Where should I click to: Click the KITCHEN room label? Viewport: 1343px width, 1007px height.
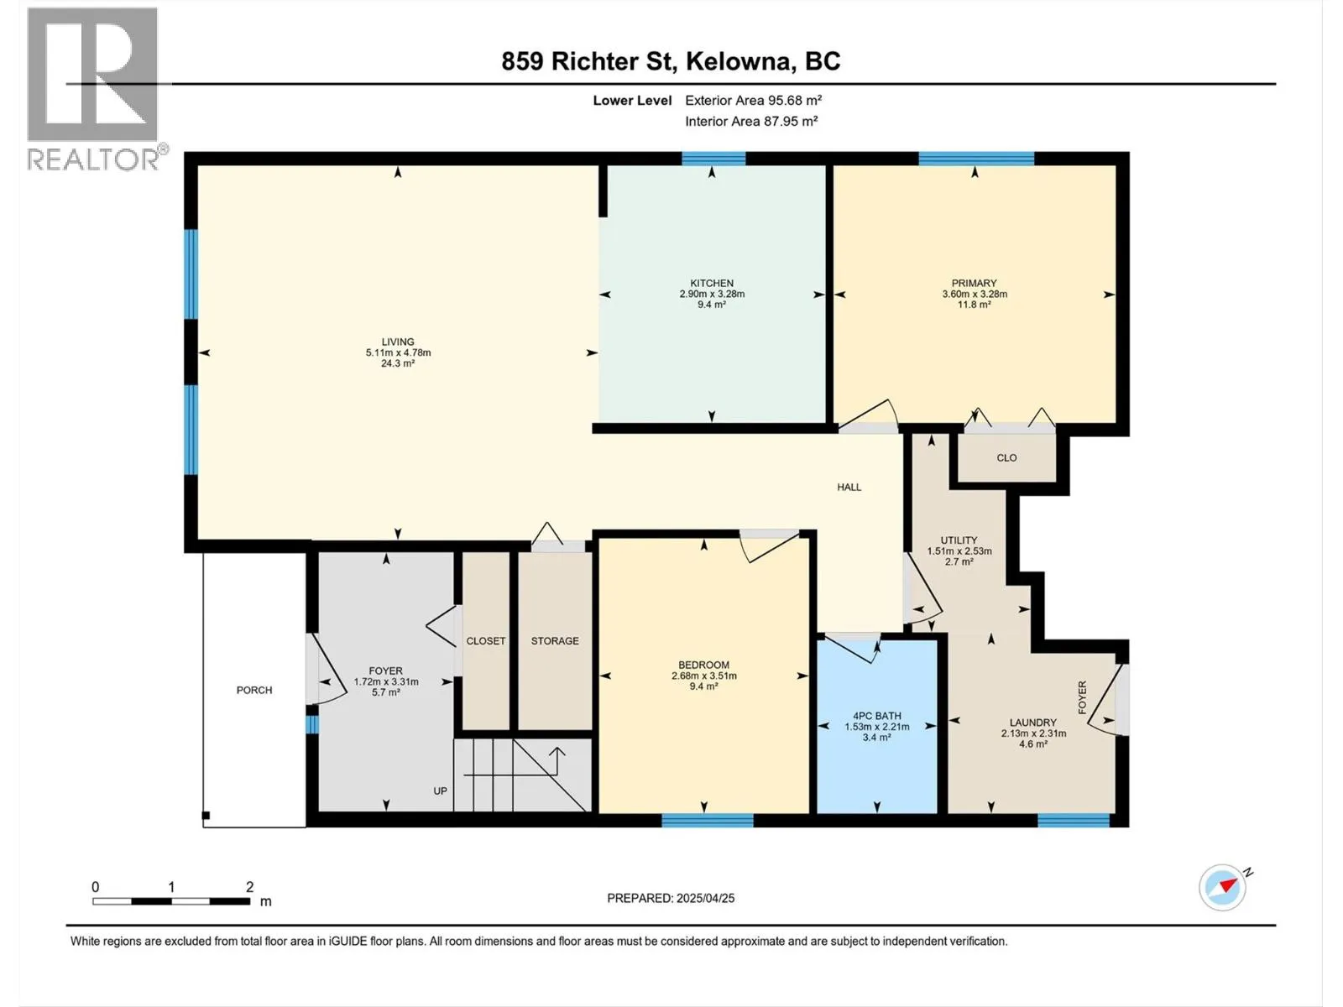point(712,283)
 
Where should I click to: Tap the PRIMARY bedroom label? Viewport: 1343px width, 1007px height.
point(974,283)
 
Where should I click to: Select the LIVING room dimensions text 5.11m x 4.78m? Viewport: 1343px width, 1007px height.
point(399,352)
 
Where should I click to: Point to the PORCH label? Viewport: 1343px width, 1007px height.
point(254,691)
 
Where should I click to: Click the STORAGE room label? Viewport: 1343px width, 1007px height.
point(555,641)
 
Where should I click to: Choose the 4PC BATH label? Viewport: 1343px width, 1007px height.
point(877,716)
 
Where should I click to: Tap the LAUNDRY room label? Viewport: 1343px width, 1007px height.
point(1033,723)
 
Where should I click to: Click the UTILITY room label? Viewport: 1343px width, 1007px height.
point(959,540)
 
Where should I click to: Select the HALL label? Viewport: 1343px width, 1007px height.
point(849,488)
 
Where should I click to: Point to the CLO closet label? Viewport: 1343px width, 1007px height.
point(1006,458)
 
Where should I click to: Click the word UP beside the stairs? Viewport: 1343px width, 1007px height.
point(441,791)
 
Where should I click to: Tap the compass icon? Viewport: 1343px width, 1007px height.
point(1222,887)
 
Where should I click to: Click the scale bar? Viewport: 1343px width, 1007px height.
point(171,901)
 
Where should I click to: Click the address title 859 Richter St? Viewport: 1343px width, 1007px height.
point(587,61)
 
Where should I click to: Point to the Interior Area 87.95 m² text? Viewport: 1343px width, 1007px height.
point(751,121)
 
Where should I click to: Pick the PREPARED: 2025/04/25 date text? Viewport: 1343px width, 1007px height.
point(671,898)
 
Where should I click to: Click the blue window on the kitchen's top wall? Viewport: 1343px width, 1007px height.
point(713,159)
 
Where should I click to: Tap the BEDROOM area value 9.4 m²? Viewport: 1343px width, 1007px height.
point(704,686)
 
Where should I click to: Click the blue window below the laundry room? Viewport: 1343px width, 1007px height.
point(1074,820)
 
